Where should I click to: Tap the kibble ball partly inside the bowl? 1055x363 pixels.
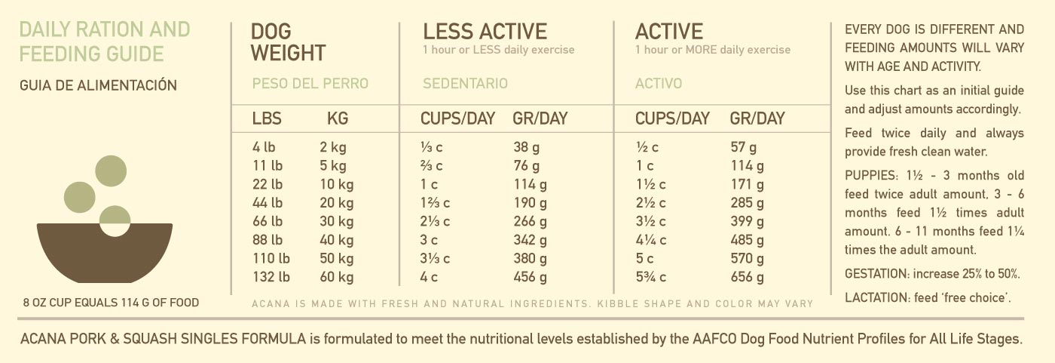coord(115,220)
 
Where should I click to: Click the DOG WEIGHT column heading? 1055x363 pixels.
coord(288,42)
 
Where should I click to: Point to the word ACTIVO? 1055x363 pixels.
coord(659,83)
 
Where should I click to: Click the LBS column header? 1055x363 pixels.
coord(268,118)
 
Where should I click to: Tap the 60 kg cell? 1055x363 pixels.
coord(336,278)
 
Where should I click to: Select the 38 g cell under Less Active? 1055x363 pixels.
coord(526,148)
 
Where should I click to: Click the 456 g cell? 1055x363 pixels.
coord(530,278)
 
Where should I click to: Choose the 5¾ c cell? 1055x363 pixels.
coord(651,278)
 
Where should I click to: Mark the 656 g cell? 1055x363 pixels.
coord(747,278)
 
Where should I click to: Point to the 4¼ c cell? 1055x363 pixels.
coord(651,241)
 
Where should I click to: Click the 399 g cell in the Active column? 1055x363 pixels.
coord(747,222)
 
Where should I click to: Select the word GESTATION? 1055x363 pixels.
coord(876,274)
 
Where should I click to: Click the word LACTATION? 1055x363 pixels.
coord(876,297)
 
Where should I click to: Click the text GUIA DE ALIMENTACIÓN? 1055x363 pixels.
coord(99,85)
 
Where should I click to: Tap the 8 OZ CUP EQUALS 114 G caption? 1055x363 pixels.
coord(111,303)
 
